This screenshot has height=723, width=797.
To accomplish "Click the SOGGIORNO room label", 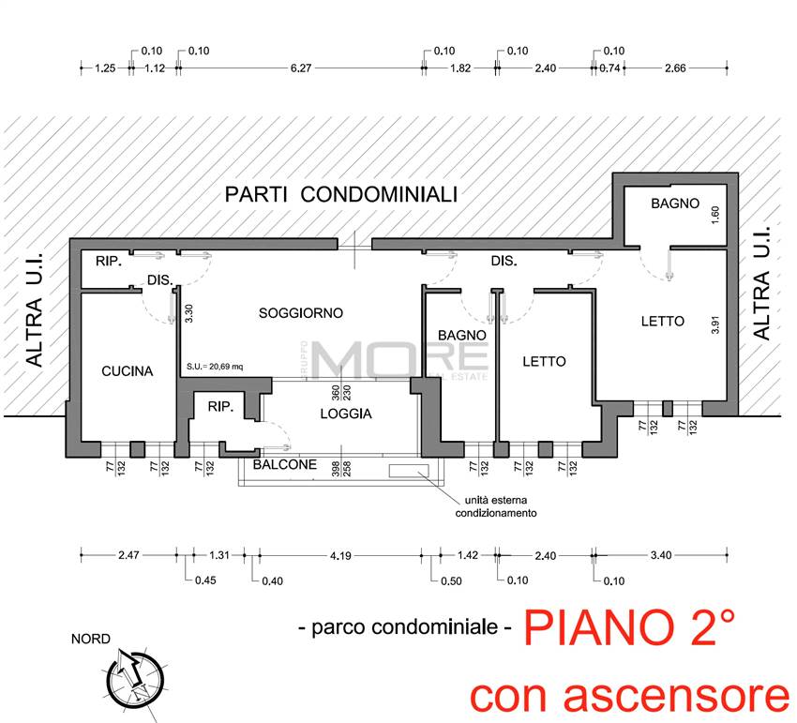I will pyautogui.click(x=301, y=313).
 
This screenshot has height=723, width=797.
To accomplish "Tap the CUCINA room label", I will pyautogui.click(x=127, y=371).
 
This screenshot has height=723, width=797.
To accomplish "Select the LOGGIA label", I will pyautogui.click(x=346, y=414).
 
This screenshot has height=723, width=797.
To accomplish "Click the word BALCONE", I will pyautogui.click(x=282, y=465).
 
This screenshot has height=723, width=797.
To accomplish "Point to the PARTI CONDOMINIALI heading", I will pyautogui.click(x=340, y=195).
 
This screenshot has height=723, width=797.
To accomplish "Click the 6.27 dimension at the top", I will pyautogui.click(x=301, y=68).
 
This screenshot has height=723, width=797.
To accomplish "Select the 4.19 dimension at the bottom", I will pyautogui.click(x=340, y=556).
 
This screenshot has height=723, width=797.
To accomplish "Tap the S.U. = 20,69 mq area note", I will pyautogui.click(x=215, y=367).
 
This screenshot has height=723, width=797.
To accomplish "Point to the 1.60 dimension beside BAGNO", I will pyautogui.click(x=714, y=214).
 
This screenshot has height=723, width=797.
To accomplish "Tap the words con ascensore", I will pyautogui.click(x=629, y=695).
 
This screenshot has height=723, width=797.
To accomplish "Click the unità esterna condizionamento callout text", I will pyautogui.click(x=496, y=507).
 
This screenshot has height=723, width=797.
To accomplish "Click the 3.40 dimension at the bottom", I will pyautogui.click(x=661, y=556).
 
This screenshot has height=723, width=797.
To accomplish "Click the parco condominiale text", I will pyautogui.click(x=404, y=627).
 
